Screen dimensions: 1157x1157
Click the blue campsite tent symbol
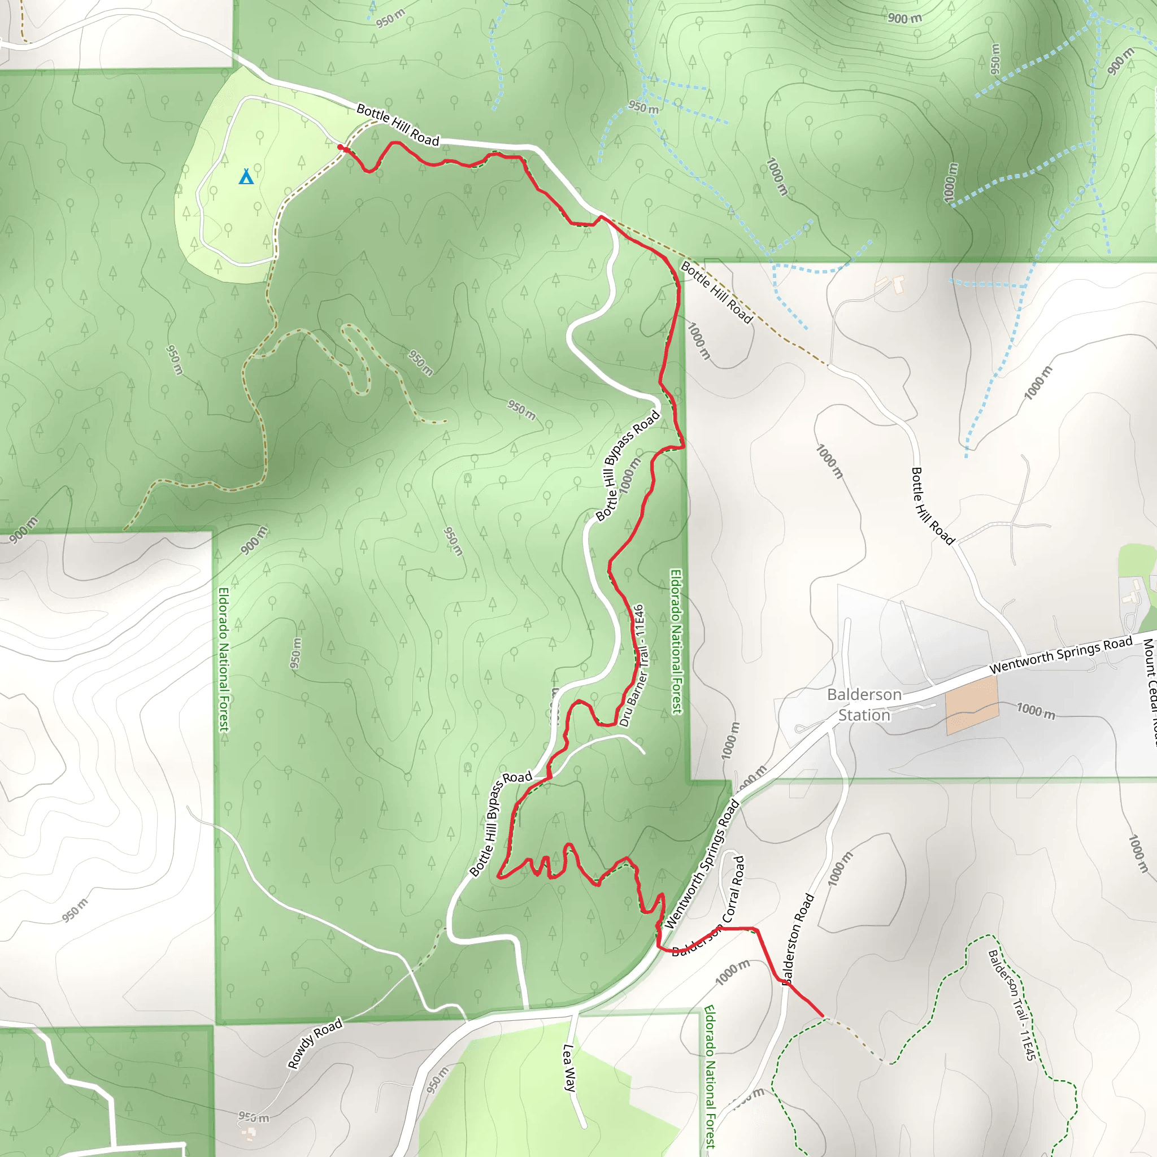(246, 177)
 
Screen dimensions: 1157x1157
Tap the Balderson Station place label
(864, 704)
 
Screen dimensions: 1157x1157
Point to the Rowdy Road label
(315, 1043)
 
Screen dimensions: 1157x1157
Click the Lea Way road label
(569, 1068)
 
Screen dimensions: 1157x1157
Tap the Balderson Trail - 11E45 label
(1011, 1004)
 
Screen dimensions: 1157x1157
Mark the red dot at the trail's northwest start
(340, 147)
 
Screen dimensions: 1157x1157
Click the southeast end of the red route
(822, 1016)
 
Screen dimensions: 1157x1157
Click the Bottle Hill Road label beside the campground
(398, 124)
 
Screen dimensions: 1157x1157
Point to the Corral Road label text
(734, 889)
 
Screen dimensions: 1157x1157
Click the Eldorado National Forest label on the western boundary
(224, 659)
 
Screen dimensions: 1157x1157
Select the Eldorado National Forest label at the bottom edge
(709, 1076)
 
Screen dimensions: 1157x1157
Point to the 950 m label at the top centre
(391, 19)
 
